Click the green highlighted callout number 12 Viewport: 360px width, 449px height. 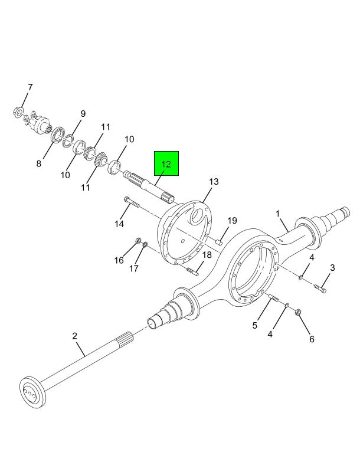(x=166, y=164)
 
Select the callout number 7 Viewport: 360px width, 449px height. (x=30, y=87)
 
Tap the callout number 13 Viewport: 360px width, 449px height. (x=213, y=182)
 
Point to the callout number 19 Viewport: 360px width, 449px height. (x=233, y=221)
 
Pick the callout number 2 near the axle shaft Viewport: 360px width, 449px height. (x=75, y=336)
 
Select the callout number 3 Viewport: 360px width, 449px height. (x=332, y=268)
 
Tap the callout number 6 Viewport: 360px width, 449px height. (x=312, y=339)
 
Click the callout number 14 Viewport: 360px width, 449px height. (x=120, y=224)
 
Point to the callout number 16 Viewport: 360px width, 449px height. (x=119, y=260)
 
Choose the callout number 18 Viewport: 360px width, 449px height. (x=207, y=255)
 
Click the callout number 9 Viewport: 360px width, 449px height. (x=83, y=113)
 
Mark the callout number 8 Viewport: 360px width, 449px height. (x=38, y=164)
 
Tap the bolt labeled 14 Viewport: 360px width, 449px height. (x=132, y=204)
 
